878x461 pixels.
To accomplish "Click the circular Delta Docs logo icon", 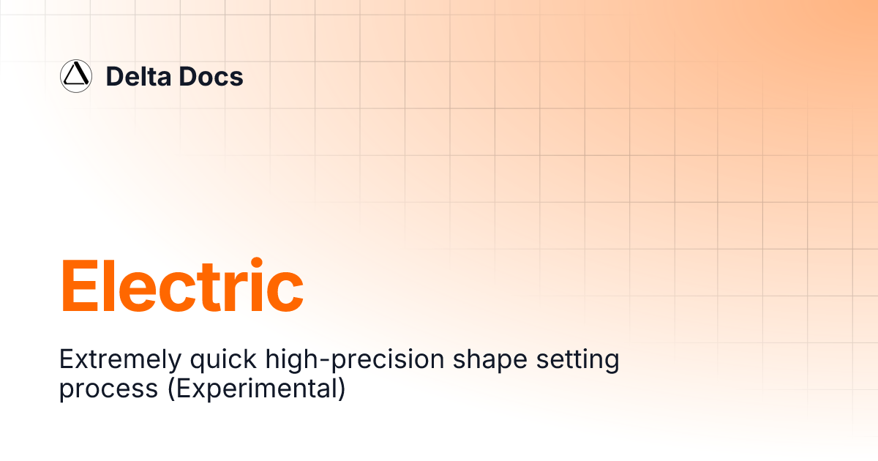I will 75,76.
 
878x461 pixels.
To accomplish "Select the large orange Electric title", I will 181,286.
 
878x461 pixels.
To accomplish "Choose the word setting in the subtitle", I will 577,360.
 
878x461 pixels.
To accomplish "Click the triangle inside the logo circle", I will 75,75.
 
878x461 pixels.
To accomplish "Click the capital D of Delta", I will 114,76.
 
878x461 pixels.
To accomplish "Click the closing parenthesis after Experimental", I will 340,389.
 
